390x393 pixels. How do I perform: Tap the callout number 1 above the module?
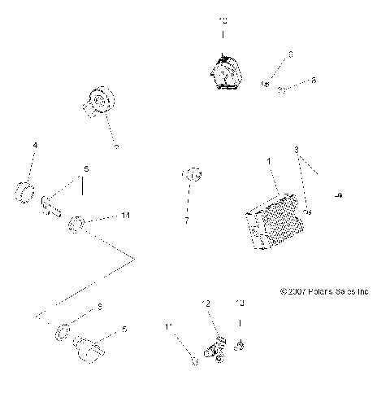pos(269,162)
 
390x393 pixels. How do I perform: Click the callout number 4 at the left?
pos(35,146)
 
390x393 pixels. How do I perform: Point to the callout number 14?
pos(125,216)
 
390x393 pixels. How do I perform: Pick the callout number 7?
pos(186,221)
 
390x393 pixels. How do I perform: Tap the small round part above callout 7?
pos(192,173)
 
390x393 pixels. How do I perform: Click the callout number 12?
pos(206,303)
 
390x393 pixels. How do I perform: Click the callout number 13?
pos(239,303)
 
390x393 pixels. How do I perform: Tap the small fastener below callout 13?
pos(240,347)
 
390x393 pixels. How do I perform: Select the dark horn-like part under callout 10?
pos(223,72)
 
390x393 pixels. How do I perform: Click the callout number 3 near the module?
pos(297,149)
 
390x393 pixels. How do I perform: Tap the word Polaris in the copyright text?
pos(318,290)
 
